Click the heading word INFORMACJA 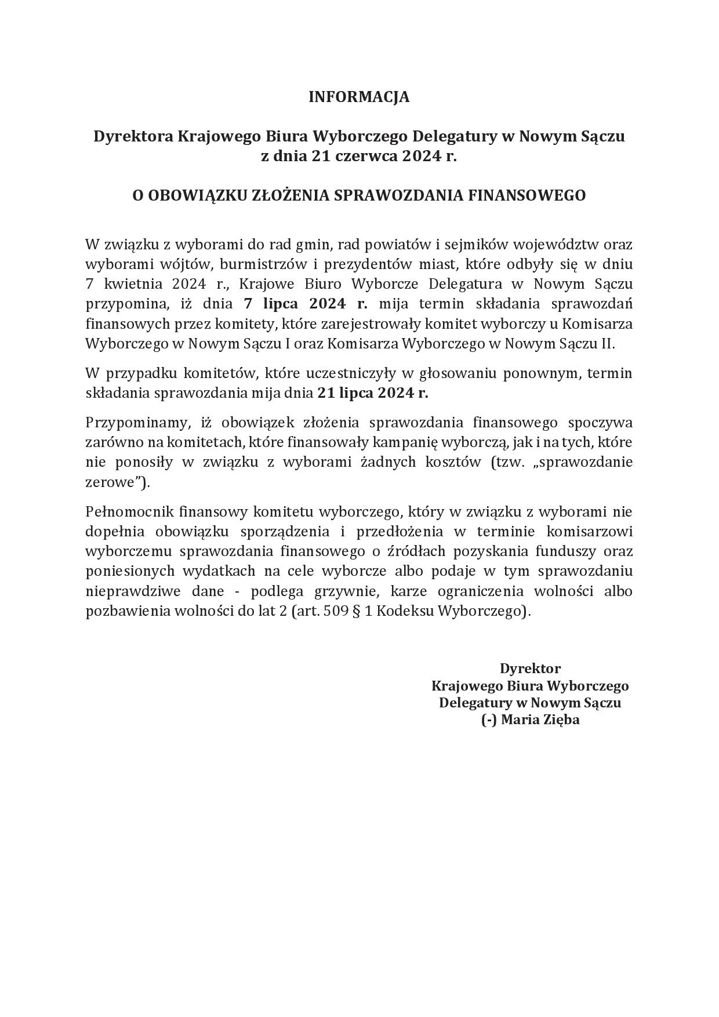pos(359,97)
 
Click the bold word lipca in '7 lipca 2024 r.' pos(281,304)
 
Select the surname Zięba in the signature pos(561,720)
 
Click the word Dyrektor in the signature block pos(530,668)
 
